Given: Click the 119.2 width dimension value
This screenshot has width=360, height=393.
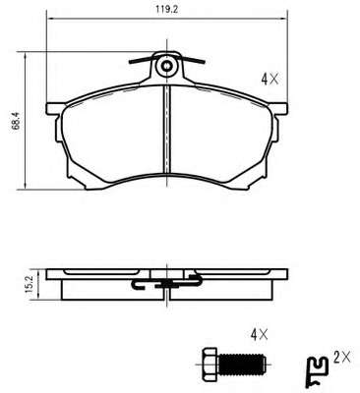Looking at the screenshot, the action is pyautogui.click(x=166, y=9).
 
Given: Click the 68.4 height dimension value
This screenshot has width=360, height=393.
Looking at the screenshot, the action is pyautogui.click(x=17, y=121).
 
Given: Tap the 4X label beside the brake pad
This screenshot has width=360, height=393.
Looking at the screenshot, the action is pyautogui.click(x=270, y=79).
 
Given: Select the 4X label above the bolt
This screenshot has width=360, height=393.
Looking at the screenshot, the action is pyautogui.click(x=259, y=335).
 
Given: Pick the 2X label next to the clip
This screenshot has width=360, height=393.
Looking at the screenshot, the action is pyautogui.click(x=342, y=357).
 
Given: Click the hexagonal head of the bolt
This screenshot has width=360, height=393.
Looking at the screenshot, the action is pyautogui.click(x=210, y=364).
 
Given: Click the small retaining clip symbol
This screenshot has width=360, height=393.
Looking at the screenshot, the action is pyautogui.click(x=317, y=372).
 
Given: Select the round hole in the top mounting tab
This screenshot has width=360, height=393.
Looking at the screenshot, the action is pyautogui.click(x=167, y=66).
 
